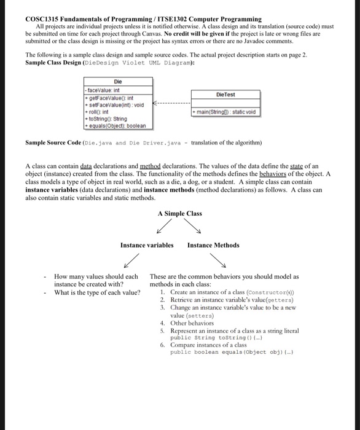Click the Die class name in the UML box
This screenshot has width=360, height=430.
(117, 81)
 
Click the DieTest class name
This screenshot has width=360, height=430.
(225, 95)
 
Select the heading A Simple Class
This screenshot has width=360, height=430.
(179, 213)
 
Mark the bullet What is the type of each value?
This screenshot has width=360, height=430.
(97, 292)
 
